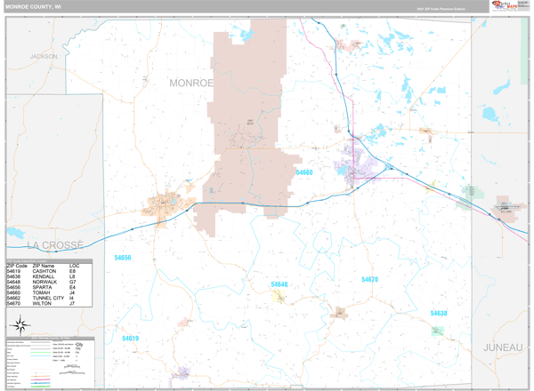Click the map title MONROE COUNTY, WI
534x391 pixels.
(35, 6)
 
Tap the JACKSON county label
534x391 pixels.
(43, 56)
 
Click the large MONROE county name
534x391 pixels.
(191, 83)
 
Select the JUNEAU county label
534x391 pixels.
(503, 347)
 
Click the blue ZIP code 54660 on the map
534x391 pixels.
(304, 172)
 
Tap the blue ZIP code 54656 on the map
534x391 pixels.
(122, 258)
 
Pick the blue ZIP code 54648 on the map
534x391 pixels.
(279, 284)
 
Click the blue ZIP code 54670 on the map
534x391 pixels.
(369, 280)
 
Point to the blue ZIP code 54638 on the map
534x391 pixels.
(438, 313)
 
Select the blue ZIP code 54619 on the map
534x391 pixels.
(130, 339)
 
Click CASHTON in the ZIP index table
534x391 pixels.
(44, 271)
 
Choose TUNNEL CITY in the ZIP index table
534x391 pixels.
(50, 298)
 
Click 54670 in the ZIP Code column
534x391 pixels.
(15, 303)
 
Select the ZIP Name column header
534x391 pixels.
(44, 265)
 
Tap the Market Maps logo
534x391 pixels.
(504, 6)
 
